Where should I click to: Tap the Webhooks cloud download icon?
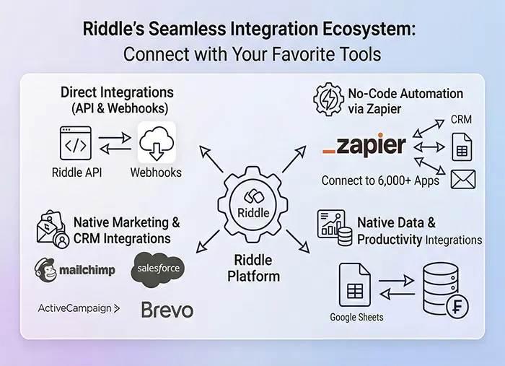click(x=157, y=142)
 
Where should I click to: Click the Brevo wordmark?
click(x=167, y=310)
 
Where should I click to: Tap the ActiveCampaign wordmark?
click(x=79, y=308)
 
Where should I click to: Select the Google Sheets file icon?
click(x=355, y=286)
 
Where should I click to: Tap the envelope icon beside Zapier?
click(x=462, y=178)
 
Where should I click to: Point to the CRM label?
click(x=461, y=119)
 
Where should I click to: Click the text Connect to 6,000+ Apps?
click(x=380, y=180)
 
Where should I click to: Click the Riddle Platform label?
click(x=253, y=268)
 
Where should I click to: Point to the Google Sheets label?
click(x=356, y=317)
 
